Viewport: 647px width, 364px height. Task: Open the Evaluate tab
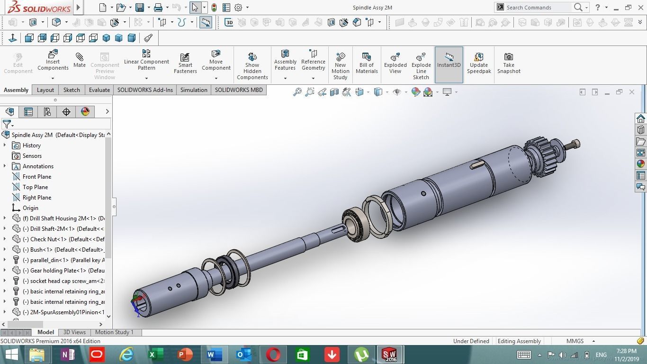point(99,90)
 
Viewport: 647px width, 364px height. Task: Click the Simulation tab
point(194,90)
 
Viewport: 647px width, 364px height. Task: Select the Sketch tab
point(72,90)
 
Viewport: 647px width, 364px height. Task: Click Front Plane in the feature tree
point(37,177)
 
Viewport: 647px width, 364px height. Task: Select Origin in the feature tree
point(30,208)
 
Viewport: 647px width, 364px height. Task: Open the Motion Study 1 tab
point(114,332)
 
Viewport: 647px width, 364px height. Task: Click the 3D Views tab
point(74,332)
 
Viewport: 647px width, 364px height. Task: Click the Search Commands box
point(538,8)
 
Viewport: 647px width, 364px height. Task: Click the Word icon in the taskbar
point(214,355)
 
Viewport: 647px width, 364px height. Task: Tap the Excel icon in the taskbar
point(155,355)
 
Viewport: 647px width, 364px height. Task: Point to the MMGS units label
point(575,341)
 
